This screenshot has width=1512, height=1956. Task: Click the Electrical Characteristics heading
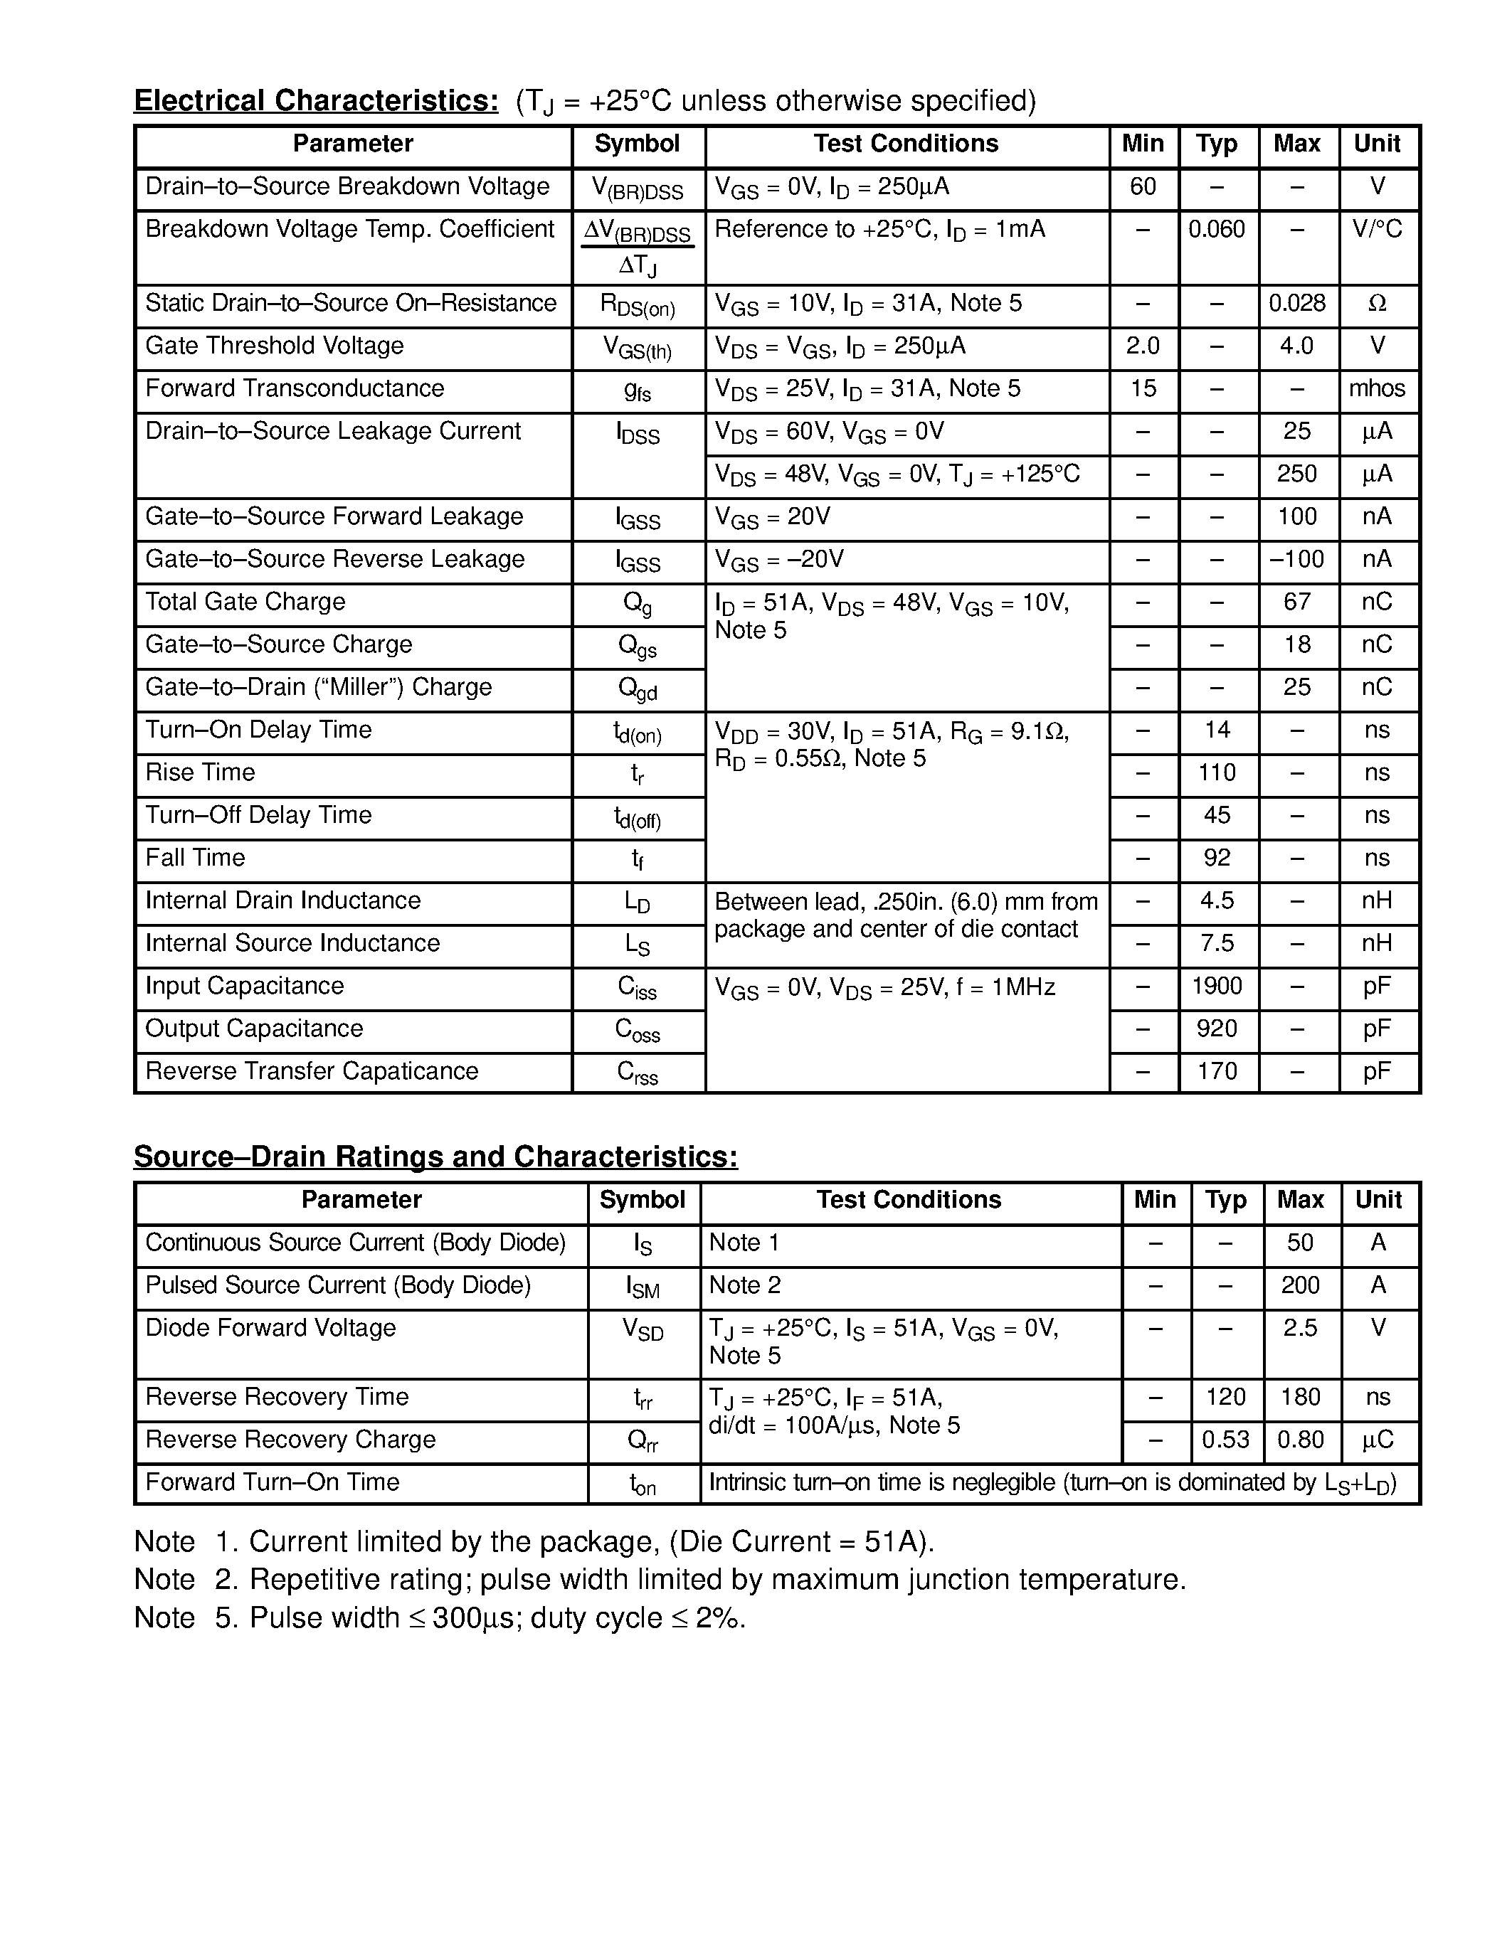tap(316, 100)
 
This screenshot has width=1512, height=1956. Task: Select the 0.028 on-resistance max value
tap(1297, 303)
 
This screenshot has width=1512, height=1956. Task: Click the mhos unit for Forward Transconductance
tap(1377, 388)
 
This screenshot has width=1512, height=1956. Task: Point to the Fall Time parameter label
tap(195, 857)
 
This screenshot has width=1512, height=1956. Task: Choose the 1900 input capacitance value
tap(1217, 985)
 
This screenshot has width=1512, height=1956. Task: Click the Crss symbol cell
tap(638, 1072)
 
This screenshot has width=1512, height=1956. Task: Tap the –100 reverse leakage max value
tap(1296, 559)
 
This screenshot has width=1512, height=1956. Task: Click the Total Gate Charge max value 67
tap(1297, 601)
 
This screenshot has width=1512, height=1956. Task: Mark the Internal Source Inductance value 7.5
tap(1217, 942)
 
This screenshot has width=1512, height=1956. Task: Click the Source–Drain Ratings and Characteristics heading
tap(435, 1157)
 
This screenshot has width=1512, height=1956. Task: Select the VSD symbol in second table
tap(643, 1329)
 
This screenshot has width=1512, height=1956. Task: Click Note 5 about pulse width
tap(439, 1617)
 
